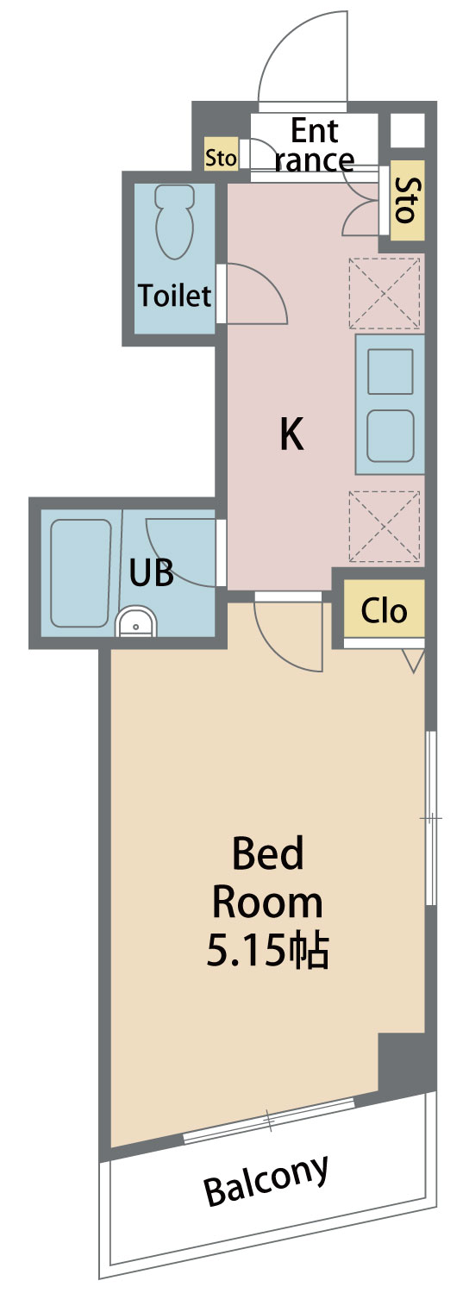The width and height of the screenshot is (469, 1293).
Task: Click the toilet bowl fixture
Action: click(174, 222)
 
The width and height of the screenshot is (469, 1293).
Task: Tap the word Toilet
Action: click(174, 296)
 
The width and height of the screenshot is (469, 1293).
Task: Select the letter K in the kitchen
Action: click(291, 434)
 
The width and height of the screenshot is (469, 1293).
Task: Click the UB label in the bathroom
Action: click(152, 572)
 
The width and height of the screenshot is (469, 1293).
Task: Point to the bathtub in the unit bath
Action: click(81, 572)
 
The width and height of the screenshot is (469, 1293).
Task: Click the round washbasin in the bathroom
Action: click(135, 622)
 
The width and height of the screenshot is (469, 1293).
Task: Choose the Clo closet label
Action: click(385, 610)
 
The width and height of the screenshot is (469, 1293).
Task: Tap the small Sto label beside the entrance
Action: click(222, 157)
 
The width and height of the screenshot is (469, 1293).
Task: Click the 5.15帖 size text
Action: click(268, 951)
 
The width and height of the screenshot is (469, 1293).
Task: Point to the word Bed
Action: click(267, 854)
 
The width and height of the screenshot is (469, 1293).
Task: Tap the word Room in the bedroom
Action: click(267, 903)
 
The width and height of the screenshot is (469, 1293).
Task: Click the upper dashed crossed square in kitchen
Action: click(385, 293)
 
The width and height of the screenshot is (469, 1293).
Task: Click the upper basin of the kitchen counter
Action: click(390, 372)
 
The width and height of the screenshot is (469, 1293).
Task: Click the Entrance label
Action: click(314, 146)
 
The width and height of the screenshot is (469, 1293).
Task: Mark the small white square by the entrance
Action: click(408, 130)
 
